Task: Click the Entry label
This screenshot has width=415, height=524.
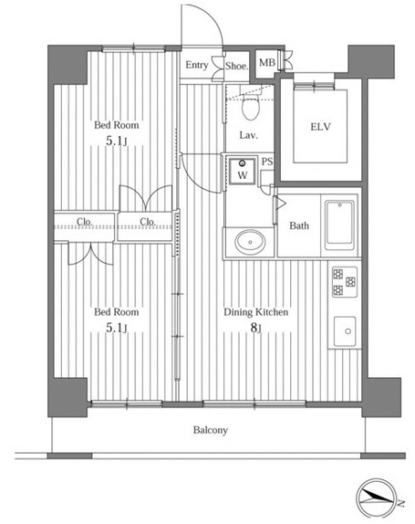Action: pos(197,65)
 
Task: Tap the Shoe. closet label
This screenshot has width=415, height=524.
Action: pos(237,66)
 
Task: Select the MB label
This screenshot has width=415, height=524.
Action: pos(267,62)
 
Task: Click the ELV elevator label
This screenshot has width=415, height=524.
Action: pos(320,127)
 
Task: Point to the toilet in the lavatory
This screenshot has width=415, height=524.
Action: pos(251,103)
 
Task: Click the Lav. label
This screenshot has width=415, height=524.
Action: pos(248,135)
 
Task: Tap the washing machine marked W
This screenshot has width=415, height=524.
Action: pos(243,171)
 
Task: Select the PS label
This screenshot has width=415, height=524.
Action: pos(267,162)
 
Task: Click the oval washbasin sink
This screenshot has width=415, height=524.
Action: pos(250,242)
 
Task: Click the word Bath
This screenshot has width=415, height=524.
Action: pos(299,225)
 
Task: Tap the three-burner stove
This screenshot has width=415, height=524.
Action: pos(345,282)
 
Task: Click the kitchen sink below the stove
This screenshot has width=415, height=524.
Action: pos(345,331)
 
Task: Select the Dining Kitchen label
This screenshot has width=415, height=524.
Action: pos(255,312)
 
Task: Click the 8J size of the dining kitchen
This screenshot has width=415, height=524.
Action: pos(255,328)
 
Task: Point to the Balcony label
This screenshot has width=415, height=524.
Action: pos(211,430)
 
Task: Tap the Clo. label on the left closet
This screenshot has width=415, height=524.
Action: pos(85,221)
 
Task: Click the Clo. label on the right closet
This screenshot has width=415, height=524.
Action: pos(148,221)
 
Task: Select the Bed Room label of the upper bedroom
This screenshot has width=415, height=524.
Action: pos(116,125)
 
